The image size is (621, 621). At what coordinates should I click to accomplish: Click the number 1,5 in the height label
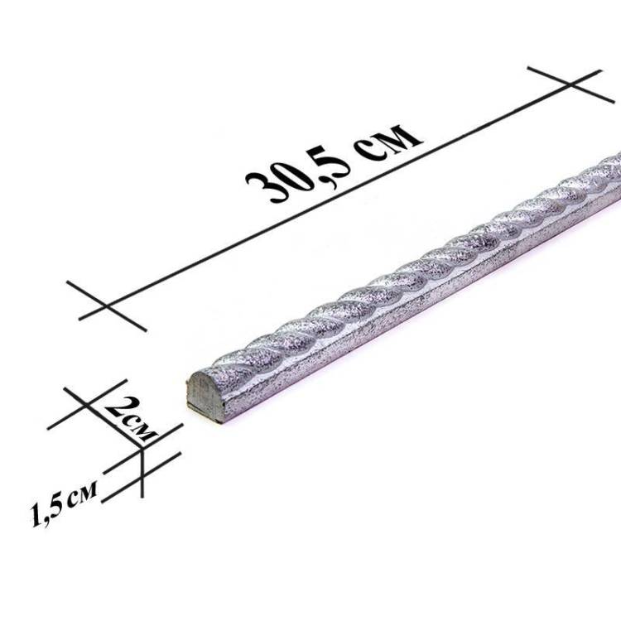point(46,512)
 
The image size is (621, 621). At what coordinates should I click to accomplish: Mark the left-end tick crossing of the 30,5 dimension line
point(106,306)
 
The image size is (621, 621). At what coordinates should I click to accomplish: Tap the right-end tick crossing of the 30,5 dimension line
point(570,84)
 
